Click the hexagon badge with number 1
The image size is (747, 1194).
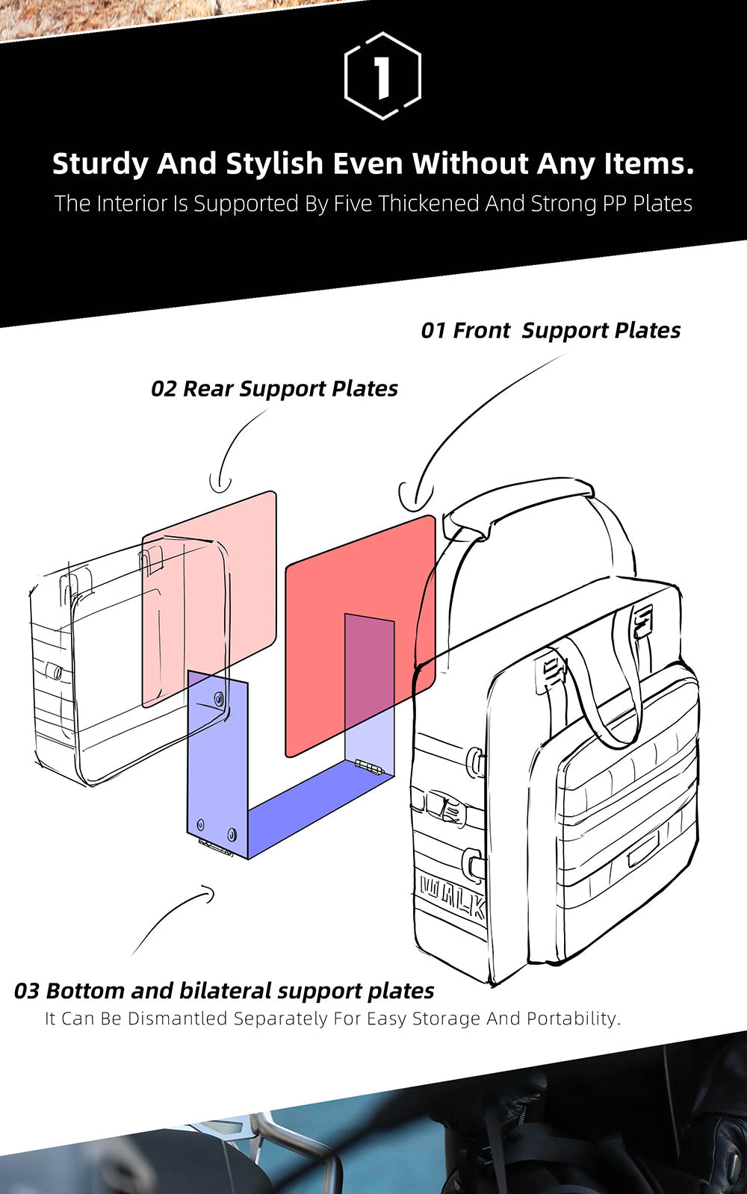coord(382,75)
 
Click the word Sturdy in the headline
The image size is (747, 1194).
coord(99,164)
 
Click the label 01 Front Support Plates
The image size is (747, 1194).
coord(551,330)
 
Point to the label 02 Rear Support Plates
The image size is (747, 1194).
coord(274,388)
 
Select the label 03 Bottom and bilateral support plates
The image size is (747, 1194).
coord(224,991)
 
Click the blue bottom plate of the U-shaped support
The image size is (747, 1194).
coord(314,806)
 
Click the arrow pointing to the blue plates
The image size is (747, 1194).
coord(172,918)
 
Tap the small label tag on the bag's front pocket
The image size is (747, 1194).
coord(642,848)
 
